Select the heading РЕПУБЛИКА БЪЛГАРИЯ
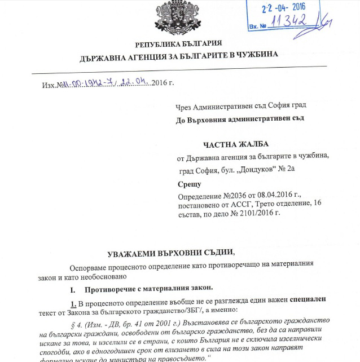[178, 43]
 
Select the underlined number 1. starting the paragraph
[73, 300]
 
